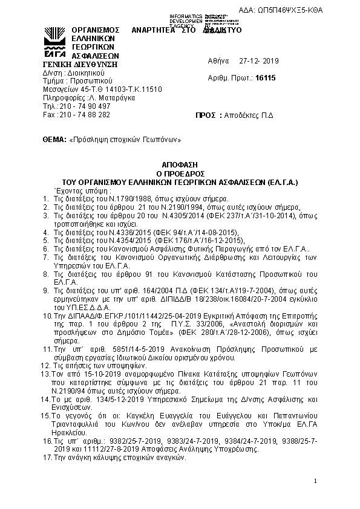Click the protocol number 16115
point(266,79)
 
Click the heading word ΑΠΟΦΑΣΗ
point(180,164)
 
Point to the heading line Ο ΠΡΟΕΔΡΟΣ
point(180,172)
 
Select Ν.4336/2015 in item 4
point(119,232)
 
